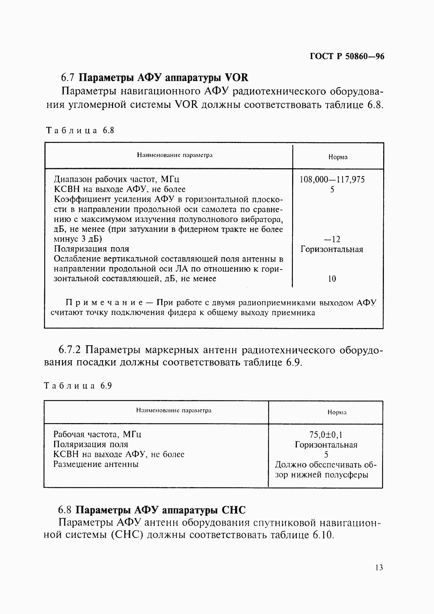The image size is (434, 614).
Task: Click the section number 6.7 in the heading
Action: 68,78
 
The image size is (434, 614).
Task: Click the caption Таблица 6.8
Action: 79,131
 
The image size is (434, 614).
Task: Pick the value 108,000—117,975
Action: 332,180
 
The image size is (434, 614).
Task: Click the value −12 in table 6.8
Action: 332,240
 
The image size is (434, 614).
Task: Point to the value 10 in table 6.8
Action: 332,279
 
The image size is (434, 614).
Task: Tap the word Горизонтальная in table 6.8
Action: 332,249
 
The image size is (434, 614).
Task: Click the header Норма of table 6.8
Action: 337,157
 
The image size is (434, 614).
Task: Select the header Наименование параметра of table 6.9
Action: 174,410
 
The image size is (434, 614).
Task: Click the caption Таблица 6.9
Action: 78,386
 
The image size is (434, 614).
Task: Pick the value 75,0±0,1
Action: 326,435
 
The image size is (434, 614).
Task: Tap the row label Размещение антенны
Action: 96,464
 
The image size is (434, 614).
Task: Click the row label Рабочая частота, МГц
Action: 97,434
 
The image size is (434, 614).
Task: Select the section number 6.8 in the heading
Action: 66,510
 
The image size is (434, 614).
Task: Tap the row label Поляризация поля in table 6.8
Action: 91,249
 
